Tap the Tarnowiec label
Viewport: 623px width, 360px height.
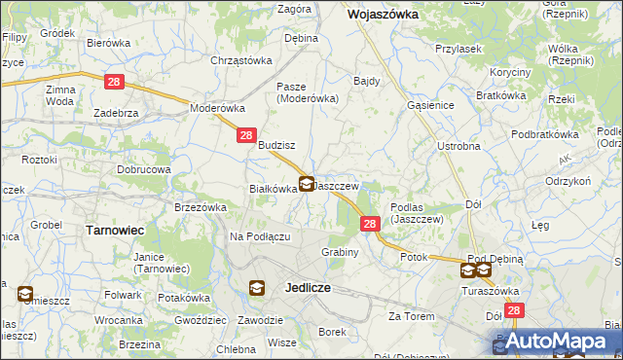(115, 230)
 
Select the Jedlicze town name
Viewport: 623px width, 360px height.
(311, 288)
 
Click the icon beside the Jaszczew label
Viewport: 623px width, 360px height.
(307, 183)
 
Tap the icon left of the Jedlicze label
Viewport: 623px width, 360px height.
(257, 288)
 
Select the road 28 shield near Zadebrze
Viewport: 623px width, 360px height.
(114, 83)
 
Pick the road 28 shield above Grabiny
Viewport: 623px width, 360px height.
(370, 224)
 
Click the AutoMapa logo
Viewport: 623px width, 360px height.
(558, 341)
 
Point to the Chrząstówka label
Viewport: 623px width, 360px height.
(240, 60)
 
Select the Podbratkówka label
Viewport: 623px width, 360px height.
(545, 134)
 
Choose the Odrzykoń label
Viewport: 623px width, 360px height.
(568, 181)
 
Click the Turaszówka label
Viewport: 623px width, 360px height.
(489, 290)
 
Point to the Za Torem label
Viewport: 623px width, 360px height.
(409, 316)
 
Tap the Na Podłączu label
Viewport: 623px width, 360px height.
(260, 236)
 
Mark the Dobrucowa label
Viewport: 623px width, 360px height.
(144, 169)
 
